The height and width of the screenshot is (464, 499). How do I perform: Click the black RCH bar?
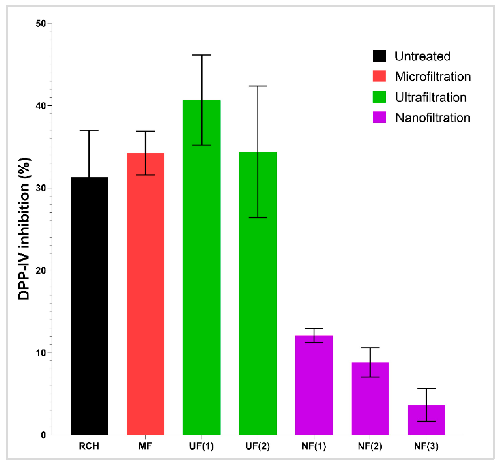[x=89, y=306]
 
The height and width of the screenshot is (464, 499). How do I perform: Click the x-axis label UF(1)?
[x=202, y=446]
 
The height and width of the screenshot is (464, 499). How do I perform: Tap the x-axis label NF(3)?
[x=426, y=446]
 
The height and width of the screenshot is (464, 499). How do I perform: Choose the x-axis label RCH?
[x=89, y=446]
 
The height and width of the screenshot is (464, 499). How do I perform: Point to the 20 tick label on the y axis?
[x=41, y=271]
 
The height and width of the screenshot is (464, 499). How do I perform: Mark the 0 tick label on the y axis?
[x=43, y=435]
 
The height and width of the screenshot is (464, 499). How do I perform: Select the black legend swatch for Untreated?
[x=379, y=56]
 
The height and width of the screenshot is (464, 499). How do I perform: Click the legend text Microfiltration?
[x=433, y=76]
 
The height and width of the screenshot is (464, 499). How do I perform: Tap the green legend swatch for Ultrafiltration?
[x=379, y=97]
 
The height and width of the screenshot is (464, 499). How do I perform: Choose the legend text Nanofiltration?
[x=433, y=118]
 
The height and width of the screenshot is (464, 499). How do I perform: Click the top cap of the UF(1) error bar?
[x=202, y=55]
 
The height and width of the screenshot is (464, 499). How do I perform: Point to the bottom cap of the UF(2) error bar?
[x=258, y=217]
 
